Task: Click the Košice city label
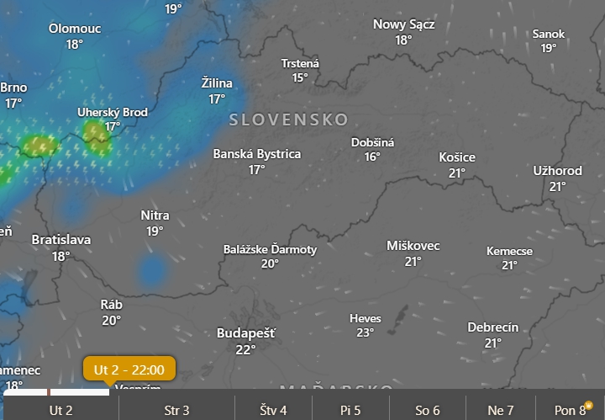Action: [457, 157]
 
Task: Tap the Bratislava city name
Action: [61, 240]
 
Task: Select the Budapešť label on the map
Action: [245, 333]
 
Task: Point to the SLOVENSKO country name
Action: [288, 120]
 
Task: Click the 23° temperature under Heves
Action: [365, 332]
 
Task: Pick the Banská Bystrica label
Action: [257, 154]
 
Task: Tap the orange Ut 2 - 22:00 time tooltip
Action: [129, 369]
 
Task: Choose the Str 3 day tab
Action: [176, 411]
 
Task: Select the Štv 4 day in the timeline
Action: [273, 411]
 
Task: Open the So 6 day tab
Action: [427, 411]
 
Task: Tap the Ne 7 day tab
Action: [501, 411]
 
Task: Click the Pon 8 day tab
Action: [571, 411]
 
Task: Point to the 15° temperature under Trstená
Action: [300, 77]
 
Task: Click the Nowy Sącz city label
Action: [404, 24]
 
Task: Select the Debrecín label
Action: [493, 327]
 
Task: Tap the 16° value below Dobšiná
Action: [372, 157]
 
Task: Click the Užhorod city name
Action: [557, 171]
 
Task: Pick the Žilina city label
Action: [218, 83]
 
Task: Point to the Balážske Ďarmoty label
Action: [271, 249]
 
